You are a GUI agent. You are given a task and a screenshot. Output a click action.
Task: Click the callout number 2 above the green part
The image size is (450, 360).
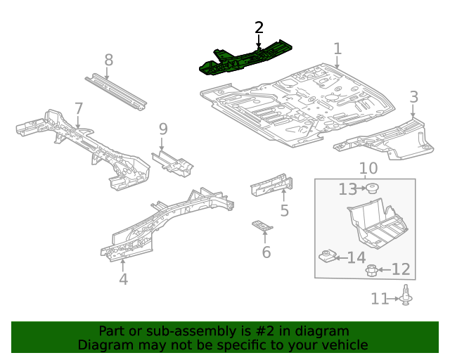tap(259, 27)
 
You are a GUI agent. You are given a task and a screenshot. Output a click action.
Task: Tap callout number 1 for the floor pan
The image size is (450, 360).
tap(337, 49)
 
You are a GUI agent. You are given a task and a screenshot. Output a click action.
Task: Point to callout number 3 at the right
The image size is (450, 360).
tap(413, 97)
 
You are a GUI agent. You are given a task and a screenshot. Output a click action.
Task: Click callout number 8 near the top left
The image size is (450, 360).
tap(108, 60)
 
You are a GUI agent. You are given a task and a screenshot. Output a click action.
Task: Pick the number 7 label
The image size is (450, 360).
tap(79, 108)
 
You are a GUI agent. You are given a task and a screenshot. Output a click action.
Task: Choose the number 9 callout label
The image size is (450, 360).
tap(163, 129)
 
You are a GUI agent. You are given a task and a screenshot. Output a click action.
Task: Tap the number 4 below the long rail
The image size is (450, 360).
tap(123, 279)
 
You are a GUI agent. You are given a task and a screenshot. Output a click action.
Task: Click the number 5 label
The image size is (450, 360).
tap(284, 210)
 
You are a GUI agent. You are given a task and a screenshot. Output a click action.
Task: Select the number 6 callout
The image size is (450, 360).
tap(266, 252)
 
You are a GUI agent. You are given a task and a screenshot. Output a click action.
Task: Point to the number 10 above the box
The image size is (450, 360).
tap(368, 169)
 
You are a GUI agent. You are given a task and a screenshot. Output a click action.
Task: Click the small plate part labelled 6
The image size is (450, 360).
tap(262, 225)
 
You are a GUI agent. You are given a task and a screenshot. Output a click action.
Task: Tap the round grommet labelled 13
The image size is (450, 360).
tap(372, 188)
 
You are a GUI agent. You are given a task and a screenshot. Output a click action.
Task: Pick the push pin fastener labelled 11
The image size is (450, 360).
tap(406, 297)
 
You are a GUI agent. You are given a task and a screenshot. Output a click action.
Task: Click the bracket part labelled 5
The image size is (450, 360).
tap(271, 184)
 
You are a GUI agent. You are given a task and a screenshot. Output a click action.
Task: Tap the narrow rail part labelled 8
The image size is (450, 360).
tap(116, 91)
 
